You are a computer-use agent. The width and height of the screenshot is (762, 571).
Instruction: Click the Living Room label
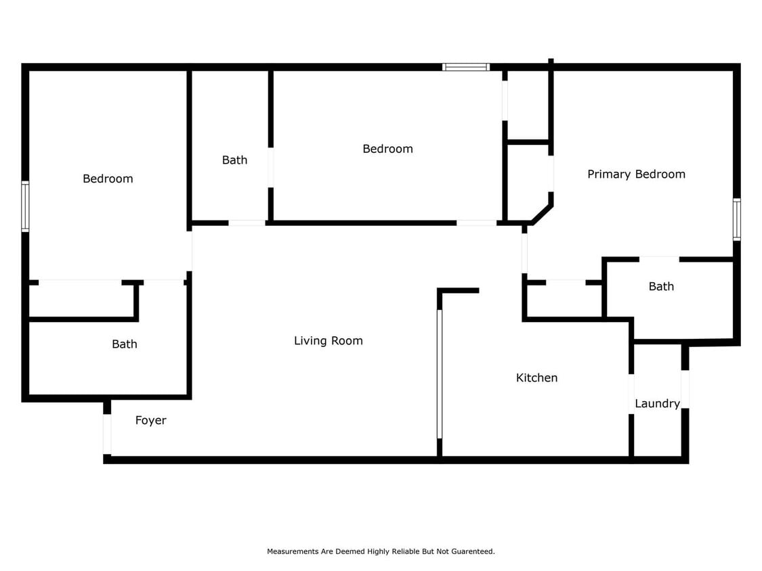tap(328, 341)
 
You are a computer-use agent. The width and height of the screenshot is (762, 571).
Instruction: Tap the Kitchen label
tap(536, 378)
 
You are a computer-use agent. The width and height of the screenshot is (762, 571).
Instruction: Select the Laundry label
tap(657, 403)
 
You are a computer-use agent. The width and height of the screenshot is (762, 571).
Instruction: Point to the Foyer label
tap(150, 420)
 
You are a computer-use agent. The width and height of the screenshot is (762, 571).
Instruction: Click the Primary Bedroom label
tap(636, 174)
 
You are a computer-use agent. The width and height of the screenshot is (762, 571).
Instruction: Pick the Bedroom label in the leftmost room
tap(108, 179)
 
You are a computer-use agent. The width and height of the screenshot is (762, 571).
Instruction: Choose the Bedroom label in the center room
tap(387, 149)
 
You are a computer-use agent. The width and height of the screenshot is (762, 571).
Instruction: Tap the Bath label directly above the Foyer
tap(124, 344)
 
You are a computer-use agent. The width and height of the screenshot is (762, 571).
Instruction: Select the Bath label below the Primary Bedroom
tap(661, 286)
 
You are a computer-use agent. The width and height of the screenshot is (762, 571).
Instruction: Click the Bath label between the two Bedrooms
tap(234, 160)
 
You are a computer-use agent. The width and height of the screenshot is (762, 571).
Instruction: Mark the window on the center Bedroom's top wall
tap(466, 67)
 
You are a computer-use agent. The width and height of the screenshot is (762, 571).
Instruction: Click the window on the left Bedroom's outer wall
tap(25, 206)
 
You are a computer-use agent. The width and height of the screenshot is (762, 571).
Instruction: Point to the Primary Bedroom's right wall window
tap(736, 219)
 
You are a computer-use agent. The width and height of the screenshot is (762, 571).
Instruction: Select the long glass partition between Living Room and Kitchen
tap(440, 374)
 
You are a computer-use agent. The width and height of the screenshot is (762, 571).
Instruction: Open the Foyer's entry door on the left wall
tap(107, 434)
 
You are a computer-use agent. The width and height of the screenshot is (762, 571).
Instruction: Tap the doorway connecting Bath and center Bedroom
tap(271, 167)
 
